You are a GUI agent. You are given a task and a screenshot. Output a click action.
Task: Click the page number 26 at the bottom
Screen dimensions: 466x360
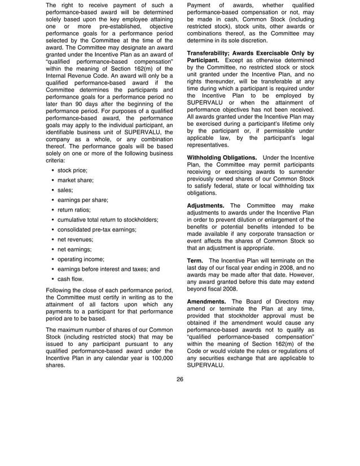click(179, 379)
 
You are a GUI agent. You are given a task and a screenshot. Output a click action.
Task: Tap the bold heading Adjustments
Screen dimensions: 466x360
click(206, 205)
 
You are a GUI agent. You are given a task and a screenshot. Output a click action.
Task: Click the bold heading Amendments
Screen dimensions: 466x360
click(207, 301)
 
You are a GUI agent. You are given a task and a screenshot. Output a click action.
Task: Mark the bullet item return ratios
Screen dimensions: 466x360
click(74, 209)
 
